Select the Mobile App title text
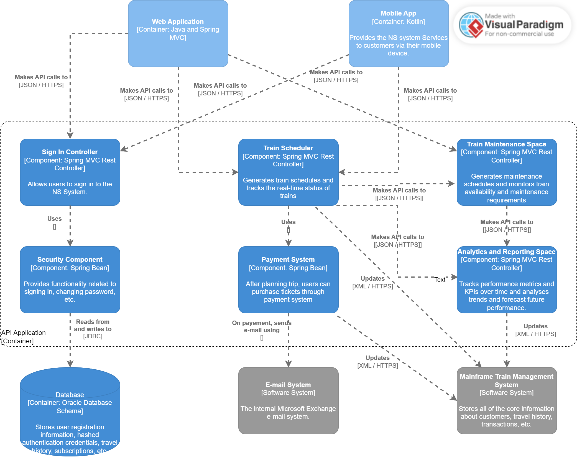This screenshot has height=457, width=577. (x=398, y=13)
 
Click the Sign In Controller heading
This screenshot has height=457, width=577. (x=70, y=152)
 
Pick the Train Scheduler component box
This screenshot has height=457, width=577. (x=288, y=172)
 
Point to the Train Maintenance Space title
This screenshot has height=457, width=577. (x=506, y=144)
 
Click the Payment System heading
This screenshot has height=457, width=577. (x=288, y=260)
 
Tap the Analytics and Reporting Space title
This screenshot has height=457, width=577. (x=506, y=252)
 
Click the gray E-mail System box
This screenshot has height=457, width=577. (x=288, y=401)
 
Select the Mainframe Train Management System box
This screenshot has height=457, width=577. (x=506, y=401)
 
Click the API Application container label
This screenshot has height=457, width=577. (x=23, y=337)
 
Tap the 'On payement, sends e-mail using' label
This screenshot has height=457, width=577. (x=262, y=327)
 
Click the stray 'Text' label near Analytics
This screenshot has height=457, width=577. (x=440, y=280)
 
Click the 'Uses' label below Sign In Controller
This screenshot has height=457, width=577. (x=54, y=219)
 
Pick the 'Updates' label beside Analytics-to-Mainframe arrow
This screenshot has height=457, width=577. (x=535, y=326)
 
